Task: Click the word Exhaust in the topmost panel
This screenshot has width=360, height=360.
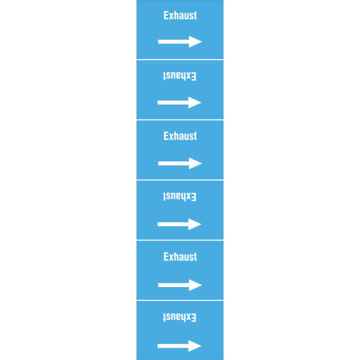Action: pos(180,15)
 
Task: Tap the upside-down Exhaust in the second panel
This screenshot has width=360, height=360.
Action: pos(180,76)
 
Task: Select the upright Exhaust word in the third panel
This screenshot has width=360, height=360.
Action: pos(180,136)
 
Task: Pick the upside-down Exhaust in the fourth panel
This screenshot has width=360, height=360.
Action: pos(180,197)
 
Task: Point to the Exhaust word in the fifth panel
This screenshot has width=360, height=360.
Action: pos(180,256)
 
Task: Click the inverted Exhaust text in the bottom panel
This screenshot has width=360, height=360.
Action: pos(180,317)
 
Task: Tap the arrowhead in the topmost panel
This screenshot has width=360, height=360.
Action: pos(195,41)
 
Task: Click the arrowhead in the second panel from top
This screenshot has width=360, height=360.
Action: pos(195,103)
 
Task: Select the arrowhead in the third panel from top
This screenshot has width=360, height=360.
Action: pos(195,163)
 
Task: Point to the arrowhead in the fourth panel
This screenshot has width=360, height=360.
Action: pos(195,224)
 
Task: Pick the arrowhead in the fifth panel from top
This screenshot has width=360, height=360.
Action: pos(195,285)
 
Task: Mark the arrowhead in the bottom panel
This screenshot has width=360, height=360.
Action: pos(195,346)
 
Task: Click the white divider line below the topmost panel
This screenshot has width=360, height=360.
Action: pos(180,60)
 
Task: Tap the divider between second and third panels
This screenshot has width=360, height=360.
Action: pos(180,120)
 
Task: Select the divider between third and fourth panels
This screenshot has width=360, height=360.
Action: pos(180,180)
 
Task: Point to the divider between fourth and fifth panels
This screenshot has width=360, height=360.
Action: pos(180,240)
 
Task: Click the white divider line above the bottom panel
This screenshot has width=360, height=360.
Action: pos(180,300)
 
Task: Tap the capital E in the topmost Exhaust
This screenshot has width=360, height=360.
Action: pos(166,15)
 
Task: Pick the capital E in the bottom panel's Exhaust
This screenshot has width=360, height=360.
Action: pos(193,317)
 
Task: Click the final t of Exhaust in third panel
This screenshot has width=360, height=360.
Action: pos(195,136)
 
